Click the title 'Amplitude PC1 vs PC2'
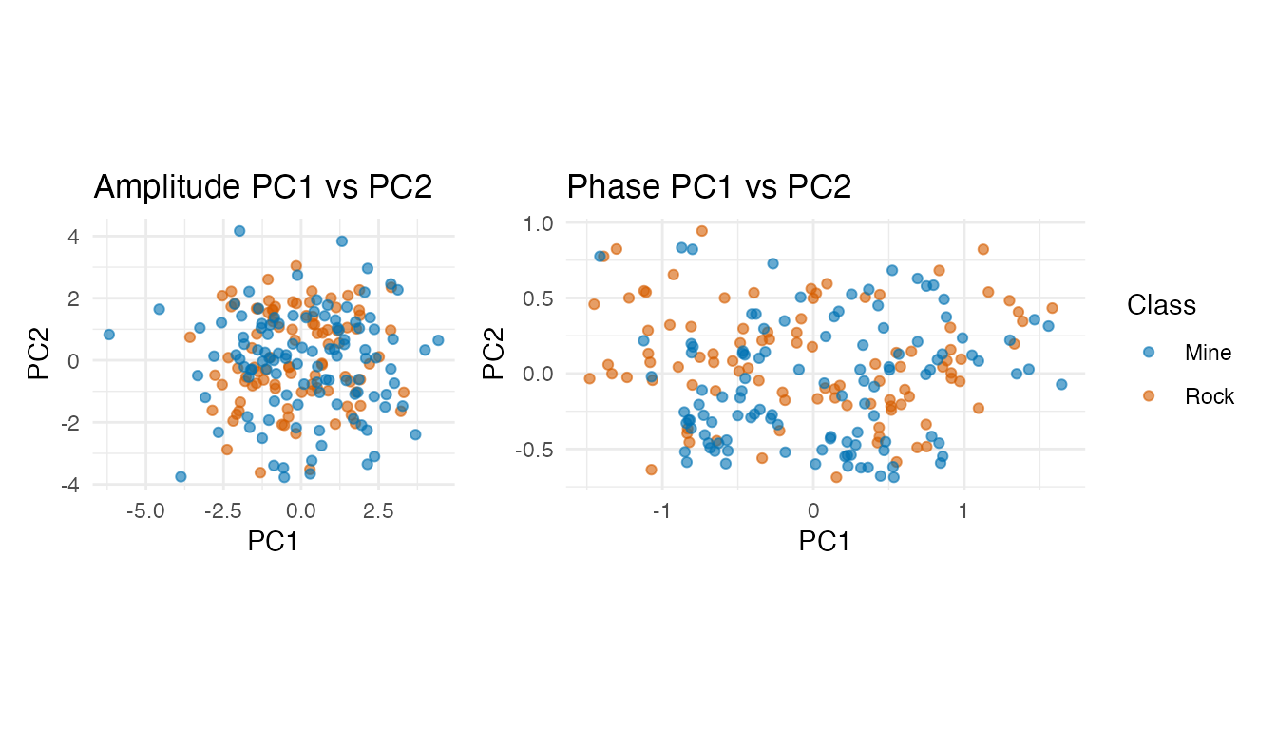click(x=263, y=187)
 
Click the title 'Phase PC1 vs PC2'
click(x=709, y=187)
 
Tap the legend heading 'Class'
click(x=1161, y=305)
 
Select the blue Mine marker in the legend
click(x=1149, y=353)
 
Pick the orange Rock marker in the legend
click(x=1149, y=396)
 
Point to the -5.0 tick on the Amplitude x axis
click(x=144, y=510)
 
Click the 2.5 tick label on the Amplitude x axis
click(x=378, y=510)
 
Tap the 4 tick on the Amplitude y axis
click(x=73, y=236)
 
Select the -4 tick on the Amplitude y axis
click(x=69, y=485)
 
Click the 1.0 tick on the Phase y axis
click(x=539, y=222)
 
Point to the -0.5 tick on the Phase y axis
click(x=535, y=449)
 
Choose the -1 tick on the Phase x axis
click(x=662, y=510)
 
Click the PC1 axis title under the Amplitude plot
click(x=274, y=542)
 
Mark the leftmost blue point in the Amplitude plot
click(x=109, y=335)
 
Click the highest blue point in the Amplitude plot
click(x=239, y=231)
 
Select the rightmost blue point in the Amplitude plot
click(x=438, y=340)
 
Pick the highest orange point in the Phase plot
click(x=702, y=231)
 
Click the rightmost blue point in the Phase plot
click(x=1061, y=384)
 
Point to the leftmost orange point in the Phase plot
click(x=589, y=378)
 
